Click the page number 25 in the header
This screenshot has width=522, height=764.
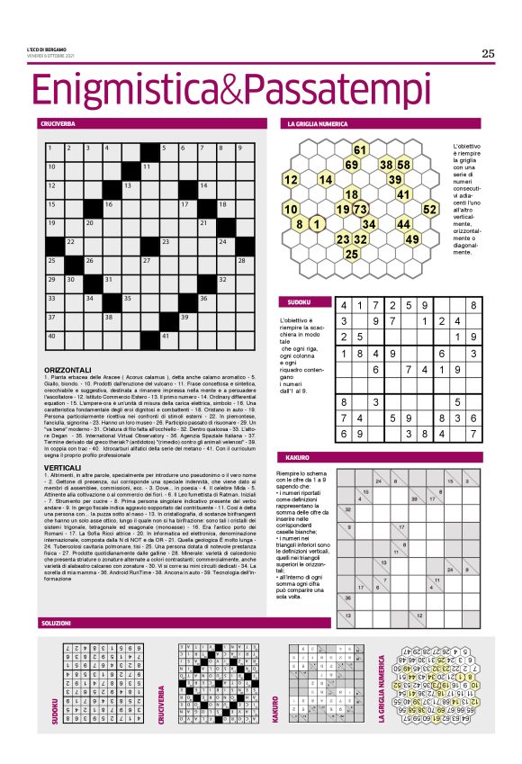point(488,53)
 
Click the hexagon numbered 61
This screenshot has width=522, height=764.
point(360,149)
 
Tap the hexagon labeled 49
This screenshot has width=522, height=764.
point(412,239)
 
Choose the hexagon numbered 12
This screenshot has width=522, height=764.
point(292,179)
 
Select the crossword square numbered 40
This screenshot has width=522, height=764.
point(53,337)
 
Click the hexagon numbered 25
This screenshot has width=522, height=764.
point(352,255)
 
